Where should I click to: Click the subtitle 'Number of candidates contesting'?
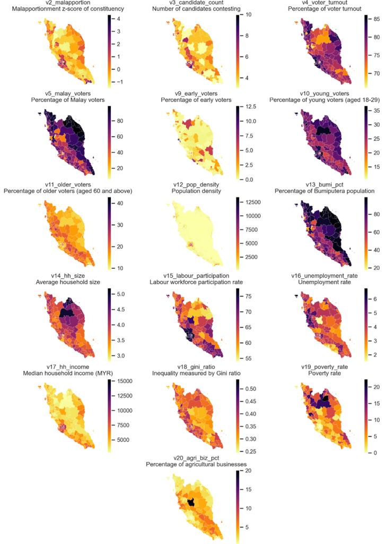(200, 10)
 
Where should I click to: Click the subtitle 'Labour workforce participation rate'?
(200, 282)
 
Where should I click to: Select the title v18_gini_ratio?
(200, 367)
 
